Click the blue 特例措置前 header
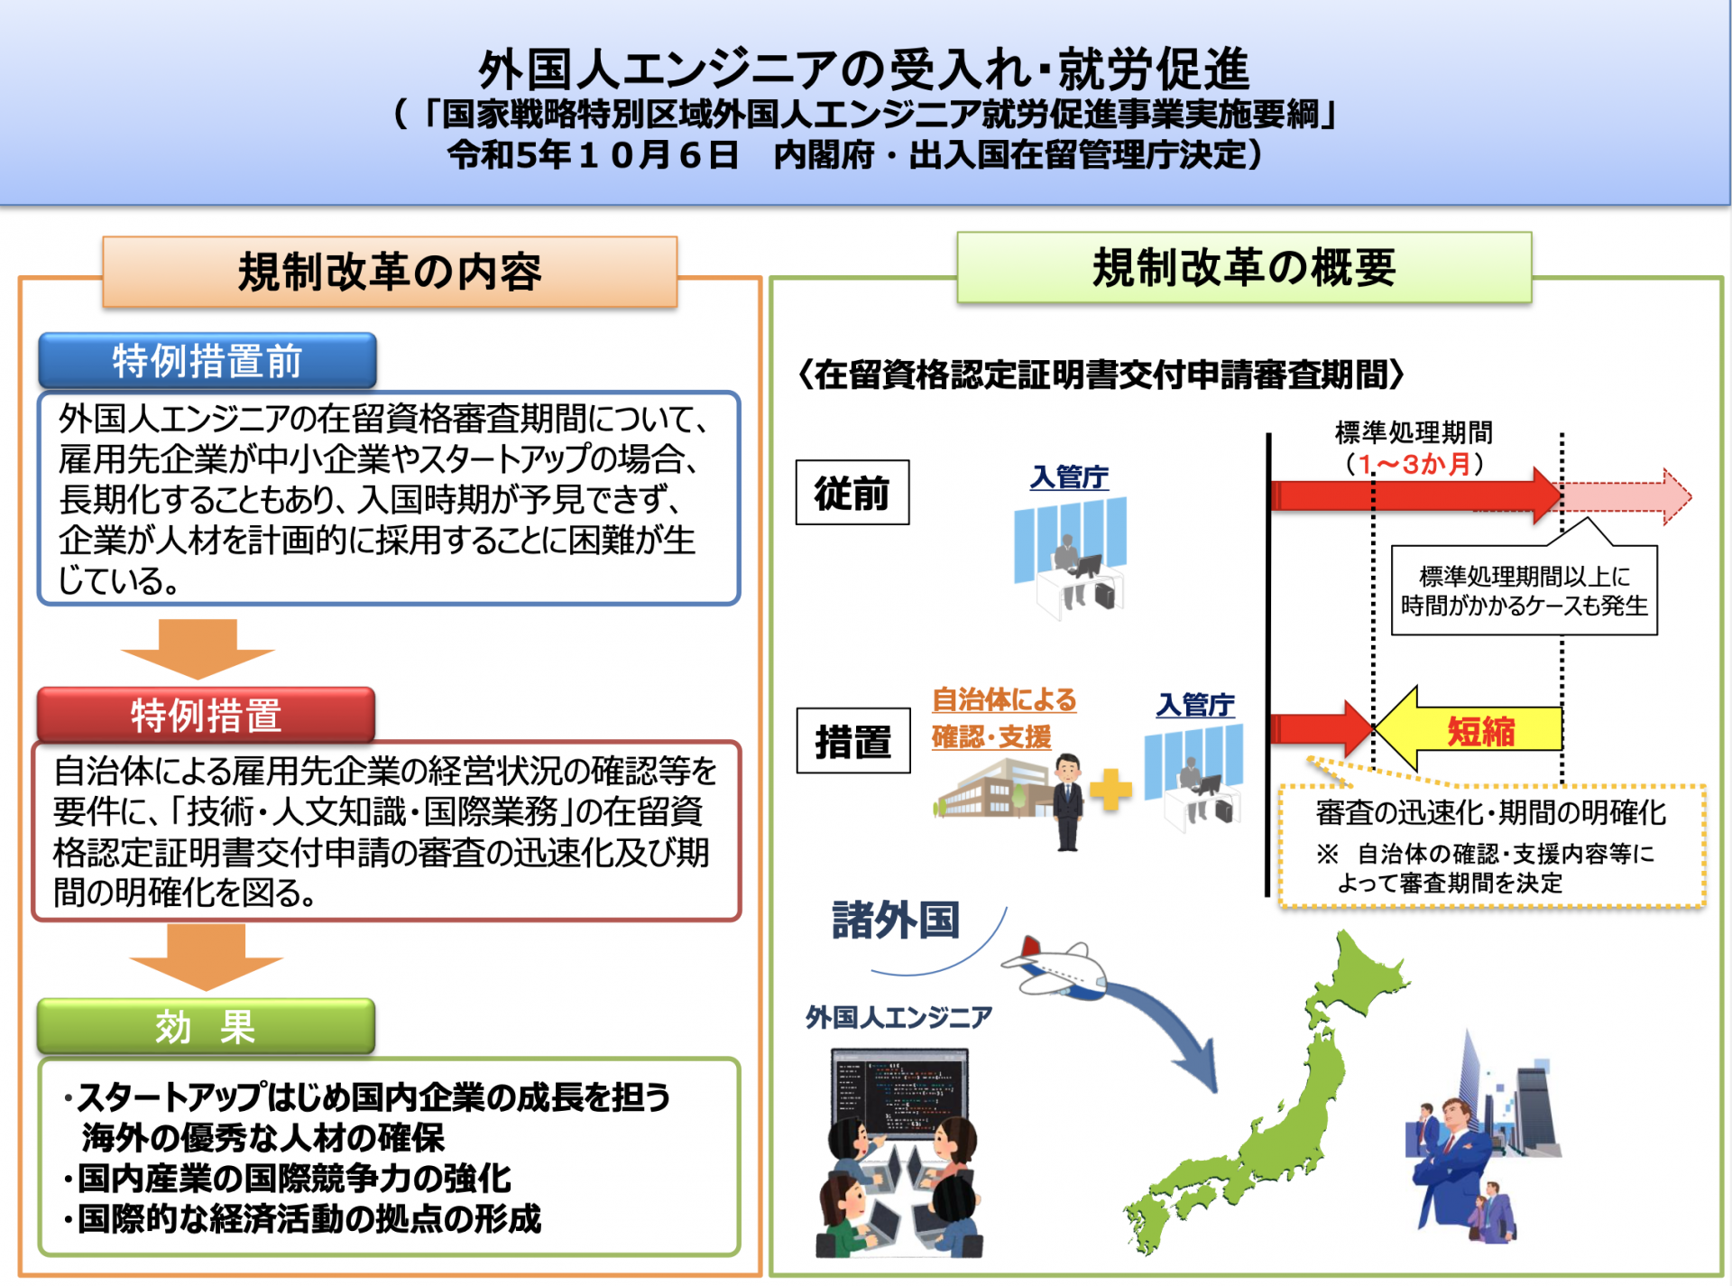pos(207,361)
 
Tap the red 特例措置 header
pos(206,715)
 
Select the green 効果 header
pos(206,1026)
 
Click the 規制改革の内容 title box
pos(390,272)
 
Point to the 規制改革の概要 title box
pos(1244,267)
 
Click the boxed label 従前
pos(852,493)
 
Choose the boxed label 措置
pos(853,741)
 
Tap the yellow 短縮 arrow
pos(1468,729)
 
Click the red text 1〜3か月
pos(1414,464)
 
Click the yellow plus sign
pos(1110,791)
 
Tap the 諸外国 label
pos(896,920)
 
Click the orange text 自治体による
pos(1004,699)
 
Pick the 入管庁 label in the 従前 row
pos(1069,476)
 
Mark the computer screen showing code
pos(899,1094)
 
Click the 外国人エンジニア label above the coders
pos(898,1017)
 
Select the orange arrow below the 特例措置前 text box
pos(198,649)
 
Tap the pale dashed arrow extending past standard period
pos(1626,496)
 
